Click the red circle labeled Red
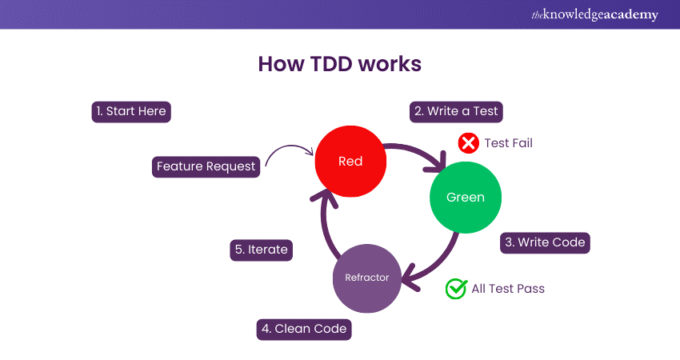click(350, 162)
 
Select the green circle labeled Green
click(465, 198)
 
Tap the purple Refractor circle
click(366, 278)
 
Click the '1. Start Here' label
click(131, 111)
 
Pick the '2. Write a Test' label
click(457, 111)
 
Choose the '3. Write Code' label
click(546, 242)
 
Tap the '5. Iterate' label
click(261, 250)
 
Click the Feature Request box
click(206, 166)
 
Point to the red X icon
click(468, 143)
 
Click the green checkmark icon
click(456, 289)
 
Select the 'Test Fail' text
click(508, 143)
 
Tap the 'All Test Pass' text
click(508, 289)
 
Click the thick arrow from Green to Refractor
click(440, 260)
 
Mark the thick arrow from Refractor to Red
click(325, 228)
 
